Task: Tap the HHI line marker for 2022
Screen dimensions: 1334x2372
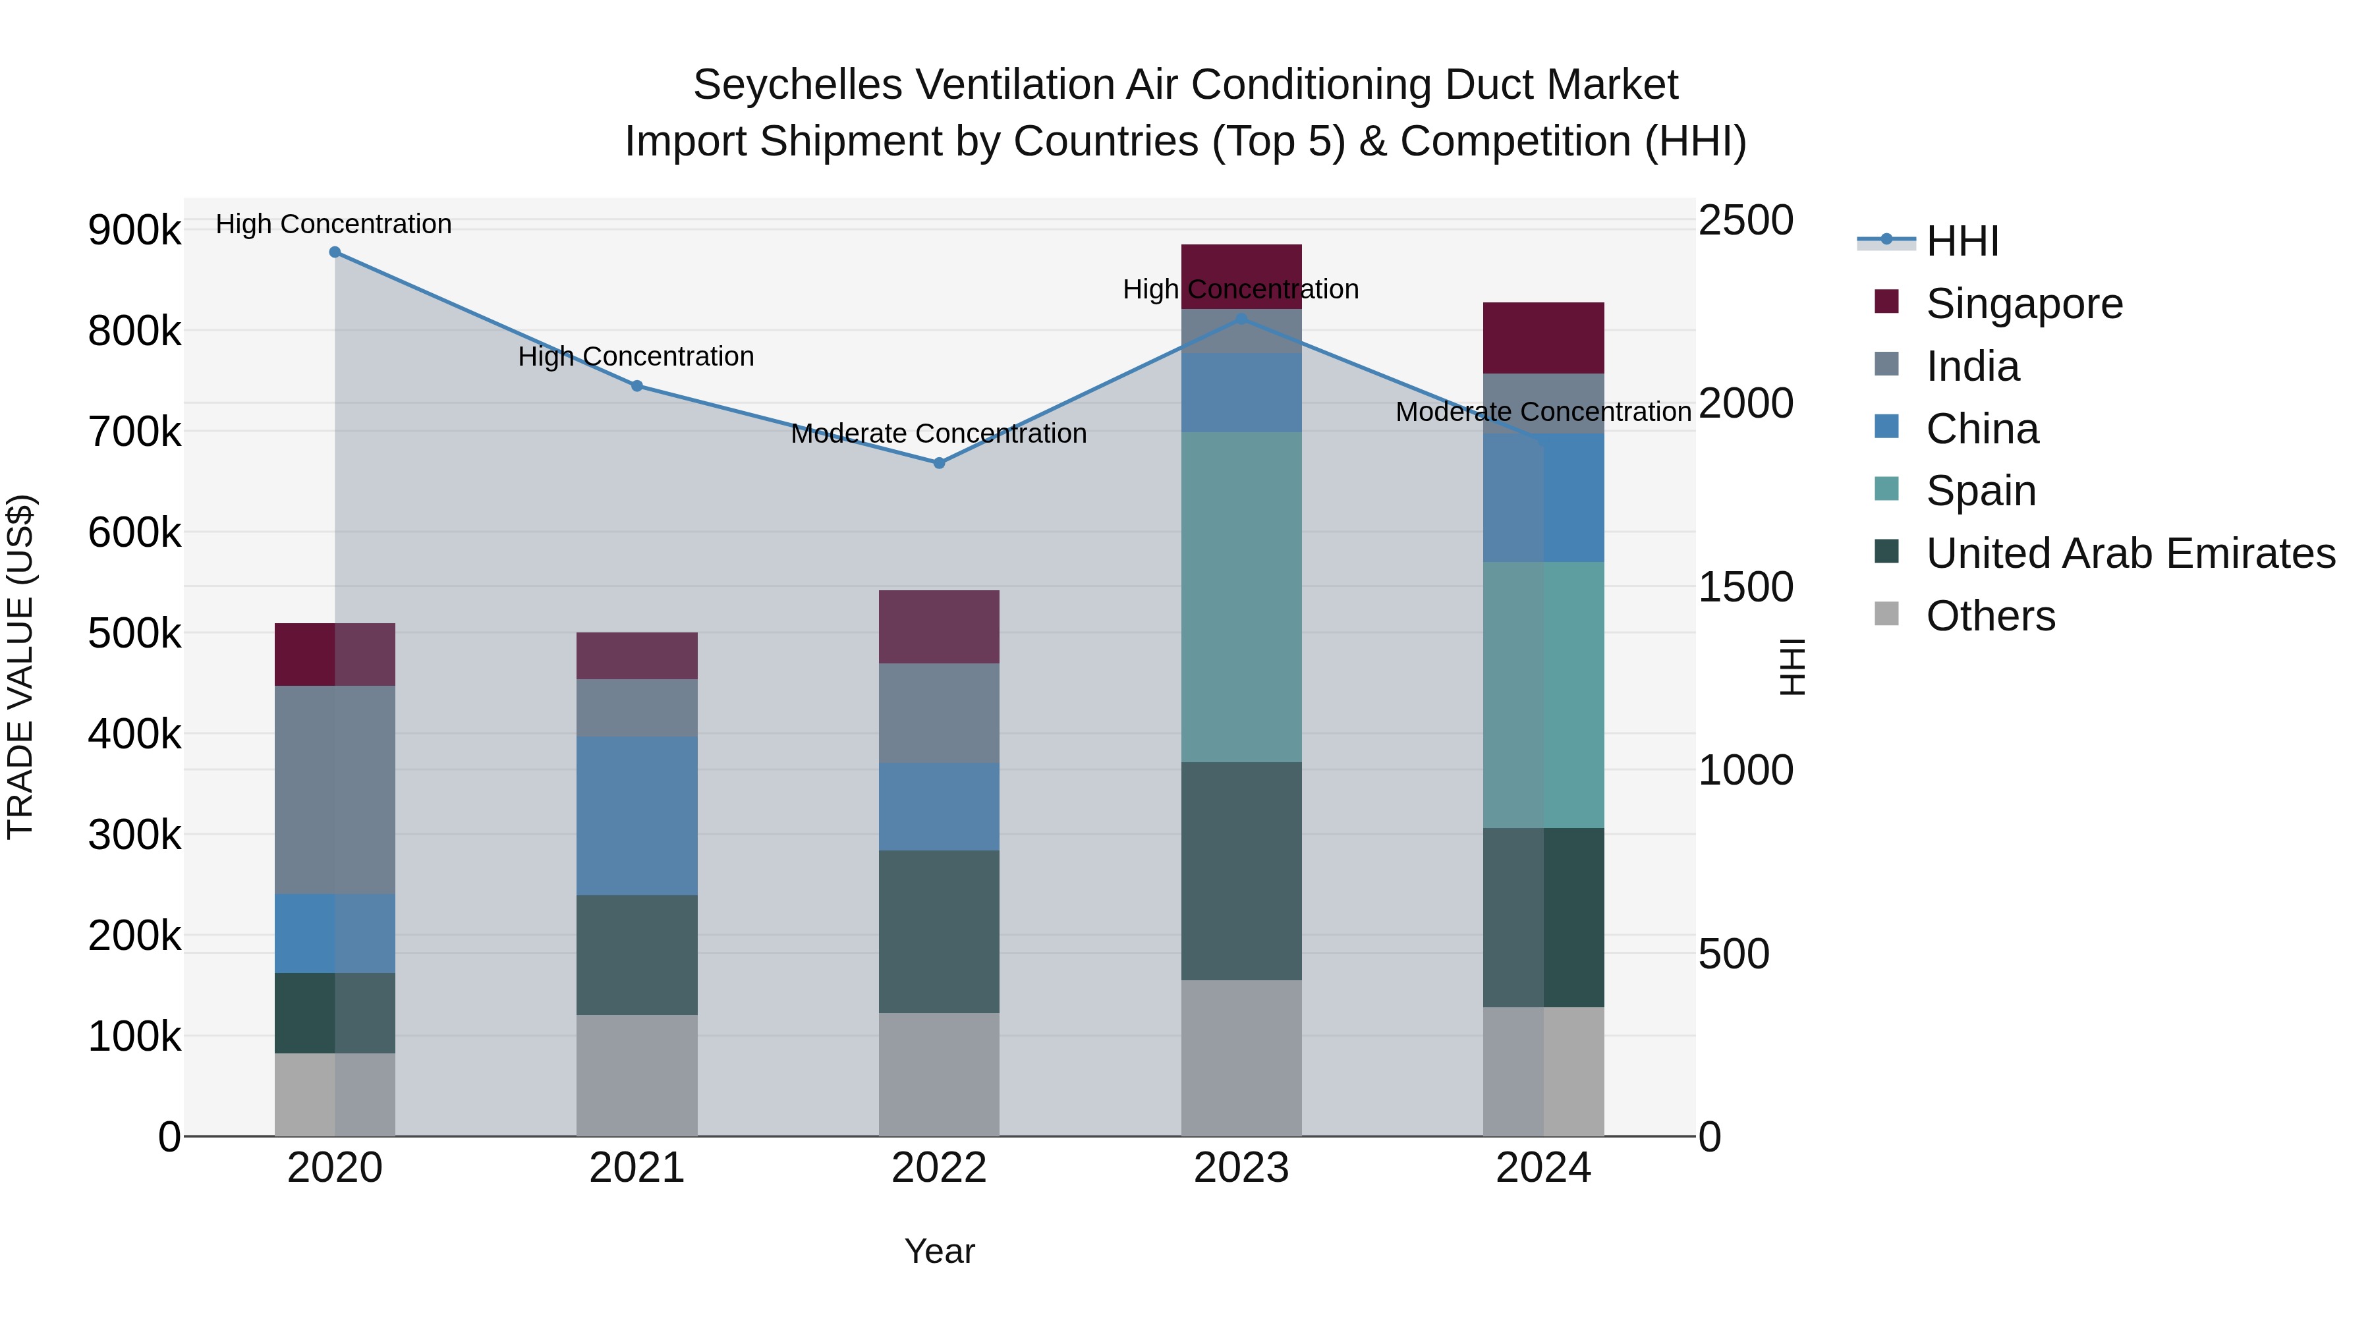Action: click(x=939, y=463)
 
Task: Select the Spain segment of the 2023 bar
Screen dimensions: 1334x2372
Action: click(x=1241, y=597)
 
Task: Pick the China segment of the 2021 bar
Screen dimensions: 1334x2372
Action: click(x=636, y=815)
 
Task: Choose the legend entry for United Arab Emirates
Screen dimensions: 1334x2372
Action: click(x=2130, y=553)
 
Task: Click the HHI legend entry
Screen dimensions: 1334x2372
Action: click(x=1962, y=241)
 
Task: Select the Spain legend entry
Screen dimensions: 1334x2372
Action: click(x=1980, y=491)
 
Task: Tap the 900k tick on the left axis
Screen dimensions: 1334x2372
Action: click(x=134, y=229)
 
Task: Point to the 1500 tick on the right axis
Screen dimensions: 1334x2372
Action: click(x=1745, y=586)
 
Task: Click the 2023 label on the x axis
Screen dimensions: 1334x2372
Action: click(x=1241, y=1168)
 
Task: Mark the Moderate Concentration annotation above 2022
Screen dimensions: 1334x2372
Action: click(x=938, y=433)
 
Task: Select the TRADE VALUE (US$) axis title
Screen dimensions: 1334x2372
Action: click(x=21, y=667)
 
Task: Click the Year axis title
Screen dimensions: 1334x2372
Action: click(x=939, y=1251)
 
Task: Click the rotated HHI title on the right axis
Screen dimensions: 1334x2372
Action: click(x=1792, y=667)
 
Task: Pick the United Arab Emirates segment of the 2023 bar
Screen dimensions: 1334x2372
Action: click(x=1241, y=870)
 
